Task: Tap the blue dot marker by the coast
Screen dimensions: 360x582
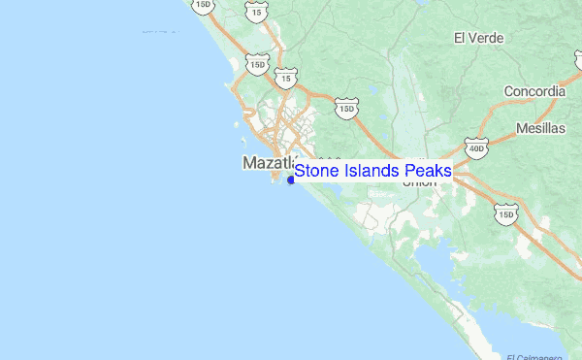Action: click(x=291, y=179)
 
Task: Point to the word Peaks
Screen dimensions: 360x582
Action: click(x=428, y=172)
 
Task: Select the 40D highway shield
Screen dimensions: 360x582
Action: click(x=475, y=148)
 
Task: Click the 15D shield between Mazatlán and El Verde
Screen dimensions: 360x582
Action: click(x=347, y=109)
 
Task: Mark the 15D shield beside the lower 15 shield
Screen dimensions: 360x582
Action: click(x=256, y=64)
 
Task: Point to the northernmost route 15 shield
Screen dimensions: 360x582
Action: click(x=255, y=11)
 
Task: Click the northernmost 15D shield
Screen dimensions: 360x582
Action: click(x=202, y=5)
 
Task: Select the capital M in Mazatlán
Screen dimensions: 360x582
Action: click(x=248, y=163)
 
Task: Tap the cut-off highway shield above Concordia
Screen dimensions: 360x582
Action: click(x=578, y=59)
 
